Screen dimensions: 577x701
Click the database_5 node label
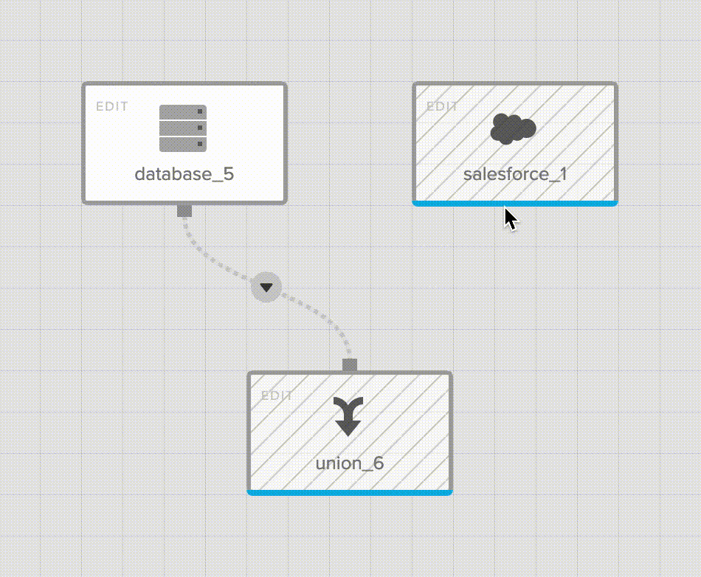[x=184, y=174]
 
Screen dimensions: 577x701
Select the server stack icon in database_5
[x=183, y=128]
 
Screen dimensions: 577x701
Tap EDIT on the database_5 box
[x=112, y=106]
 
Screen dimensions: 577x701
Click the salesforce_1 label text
[x=514, y=174]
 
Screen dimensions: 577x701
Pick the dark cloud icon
[x=513, y=129]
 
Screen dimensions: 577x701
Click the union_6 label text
[x=349, y=463]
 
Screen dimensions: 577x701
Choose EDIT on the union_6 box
[x=277, y=395]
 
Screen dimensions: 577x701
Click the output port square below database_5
[x=184, y=211]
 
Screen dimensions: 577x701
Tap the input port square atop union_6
[x=350, y=365]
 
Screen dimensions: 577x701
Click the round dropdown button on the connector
[x=266, y=286]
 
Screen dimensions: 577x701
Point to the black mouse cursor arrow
[x=510, y=219]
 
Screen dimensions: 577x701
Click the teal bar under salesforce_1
[x=514, y=203]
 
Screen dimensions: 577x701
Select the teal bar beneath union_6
[x=349, y=492]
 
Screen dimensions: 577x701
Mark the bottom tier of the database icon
[x=183, y=144]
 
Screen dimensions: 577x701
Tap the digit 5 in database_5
[x=229, y=174]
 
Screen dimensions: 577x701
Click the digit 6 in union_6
[x=379, y=463]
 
